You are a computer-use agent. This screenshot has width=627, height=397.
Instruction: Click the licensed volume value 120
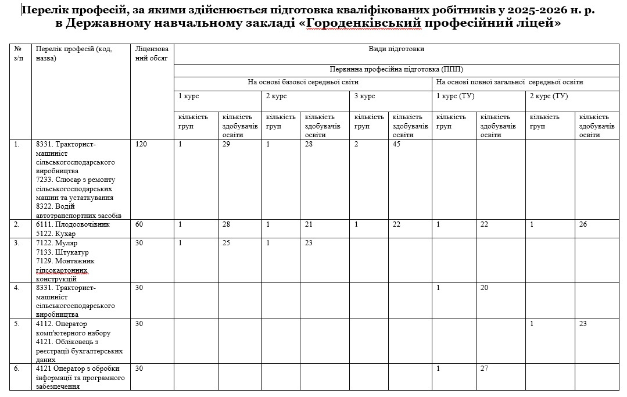point(141,144)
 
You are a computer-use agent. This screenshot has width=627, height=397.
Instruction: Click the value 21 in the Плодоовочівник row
point(309,224)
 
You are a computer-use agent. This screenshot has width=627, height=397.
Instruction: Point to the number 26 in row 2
point(583,224)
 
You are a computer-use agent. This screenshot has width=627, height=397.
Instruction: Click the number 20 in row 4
point(485,288)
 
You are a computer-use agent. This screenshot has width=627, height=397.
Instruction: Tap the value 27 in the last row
point(485,369)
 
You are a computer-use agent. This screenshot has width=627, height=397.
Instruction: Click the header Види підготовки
point(396,49)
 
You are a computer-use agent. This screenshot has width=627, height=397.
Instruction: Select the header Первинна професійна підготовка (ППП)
point(396,69)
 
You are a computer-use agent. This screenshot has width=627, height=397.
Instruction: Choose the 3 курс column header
point(364,96)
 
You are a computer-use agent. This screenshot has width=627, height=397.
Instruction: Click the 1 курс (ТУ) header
point(455,96)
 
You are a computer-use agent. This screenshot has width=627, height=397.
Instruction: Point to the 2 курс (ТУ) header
point(548,96)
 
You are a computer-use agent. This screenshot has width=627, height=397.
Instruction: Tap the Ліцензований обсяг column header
point(151,53)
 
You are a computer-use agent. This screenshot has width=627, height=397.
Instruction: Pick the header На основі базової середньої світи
point(303,82)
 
